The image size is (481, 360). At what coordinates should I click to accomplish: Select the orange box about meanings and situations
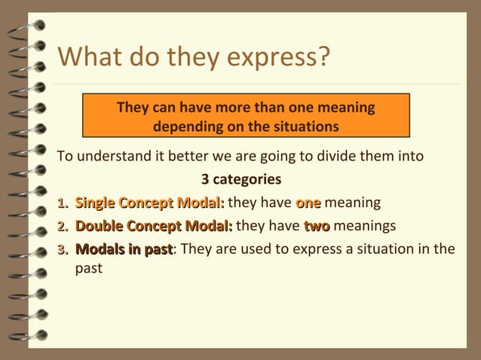[x=246, y=116]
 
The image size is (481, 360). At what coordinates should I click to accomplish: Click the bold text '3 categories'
[x=241, y=179]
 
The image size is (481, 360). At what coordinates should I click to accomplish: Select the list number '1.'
[x=64, y=203]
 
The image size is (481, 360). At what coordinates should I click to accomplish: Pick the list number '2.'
[x=64, y=226]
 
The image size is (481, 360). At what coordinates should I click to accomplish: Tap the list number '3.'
[x=64, y=249]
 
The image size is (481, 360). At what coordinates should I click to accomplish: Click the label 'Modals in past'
[x=125, y=249]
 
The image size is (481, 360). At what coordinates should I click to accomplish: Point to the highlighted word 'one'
[x=308, y=203]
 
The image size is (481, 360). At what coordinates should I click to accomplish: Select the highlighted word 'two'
[x=317, y=226]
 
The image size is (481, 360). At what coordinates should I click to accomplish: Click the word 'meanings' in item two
[x=364, y=226]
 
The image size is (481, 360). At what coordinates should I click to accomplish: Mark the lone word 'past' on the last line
[x=89, y=267]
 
